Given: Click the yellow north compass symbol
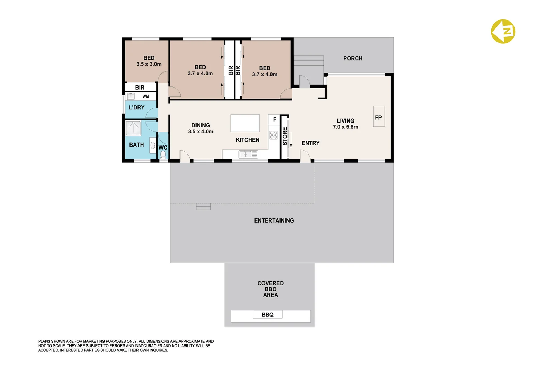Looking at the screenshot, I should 503,32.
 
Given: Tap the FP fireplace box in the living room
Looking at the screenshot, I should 378,116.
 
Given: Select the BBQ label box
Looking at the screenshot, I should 267,315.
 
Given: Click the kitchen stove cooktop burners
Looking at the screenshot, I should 274,135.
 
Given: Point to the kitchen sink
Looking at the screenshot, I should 248,154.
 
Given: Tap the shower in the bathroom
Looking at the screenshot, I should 133,128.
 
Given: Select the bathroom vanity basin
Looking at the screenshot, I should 153,145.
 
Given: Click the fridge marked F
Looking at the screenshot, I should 274,119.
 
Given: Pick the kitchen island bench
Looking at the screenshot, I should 245,123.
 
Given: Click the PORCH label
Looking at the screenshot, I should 353,58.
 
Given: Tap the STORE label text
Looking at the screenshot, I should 285,136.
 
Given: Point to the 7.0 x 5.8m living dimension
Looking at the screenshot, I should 345,127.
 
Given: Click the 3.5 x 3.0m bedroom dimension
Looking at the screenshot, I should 149,64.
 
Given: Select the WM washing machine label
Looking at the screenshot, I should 145,96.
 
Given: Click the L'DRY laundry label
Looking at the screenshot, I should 136,107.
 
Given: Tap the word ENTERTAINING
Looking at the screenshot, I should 274,220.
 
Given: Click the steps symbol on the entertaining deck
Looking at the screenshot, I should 203,207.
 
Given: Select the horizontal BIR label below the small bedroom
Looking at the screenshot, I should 140,87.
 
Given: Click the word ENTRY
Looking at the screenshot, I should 310,143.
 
